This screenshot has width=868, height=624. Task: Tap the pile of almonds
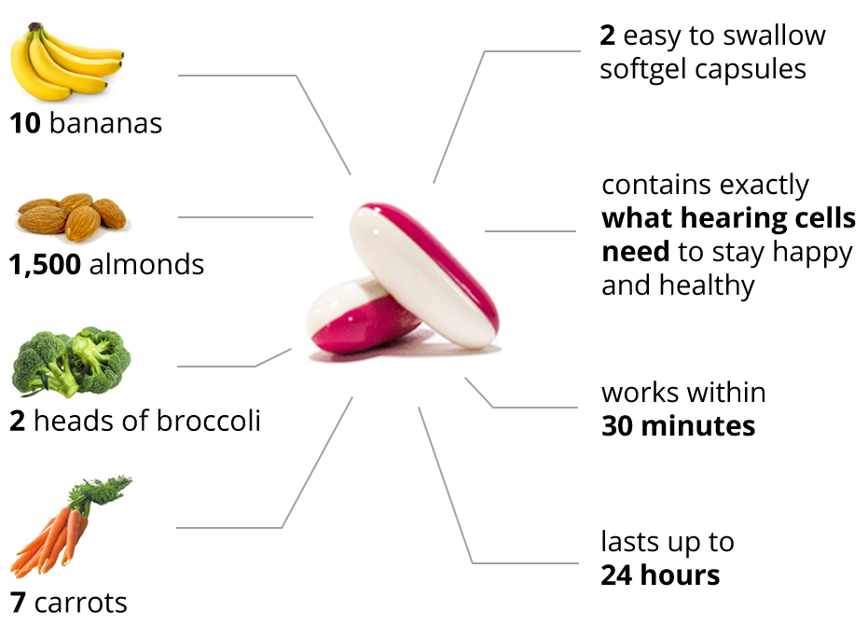coord(73,216)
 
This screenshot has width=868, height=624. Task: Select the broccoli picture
coord(71,362)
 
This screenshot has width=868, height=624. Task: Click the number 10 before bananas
coord(25,123)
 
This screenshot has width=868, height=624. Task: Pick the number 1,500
coord(45,265)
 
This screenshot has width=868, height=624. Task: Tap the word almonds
coord(146,264)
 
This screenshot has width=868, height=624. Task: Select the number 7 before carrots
coord(18,603)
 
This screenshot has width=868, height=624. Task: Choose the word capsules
coord(751,70)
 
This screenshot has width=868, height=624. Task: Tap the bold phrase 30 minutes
coord(678,425)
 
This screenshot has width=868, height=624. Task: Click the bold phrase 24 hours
coord(660,575)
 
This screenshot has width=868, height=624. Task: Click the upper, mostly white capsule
coord(424,274)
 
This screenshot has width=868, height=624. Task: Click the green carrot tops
coord(103,490)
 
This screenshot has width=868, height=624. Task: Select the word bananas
coord(105,123)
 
